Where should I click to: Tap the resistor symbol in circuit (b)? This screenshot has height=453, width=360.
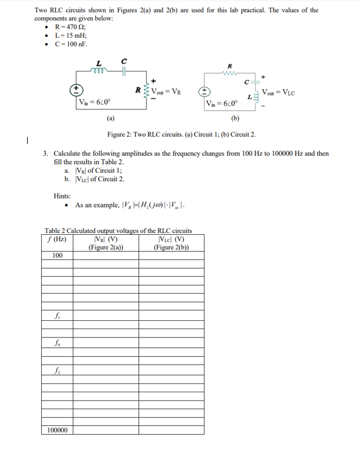click(x=229, y=74)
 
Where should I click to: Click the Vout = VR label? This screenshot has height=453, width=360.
click(x=168, y=91)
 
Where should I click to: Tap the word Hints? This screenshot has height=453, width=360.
click(x=62, y=196)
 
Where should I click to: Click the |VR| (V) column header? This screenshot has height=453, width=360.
click(x=105, y=239)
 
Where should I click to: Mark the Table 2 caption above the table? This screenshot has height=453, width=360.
click(x=118, y=231)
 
